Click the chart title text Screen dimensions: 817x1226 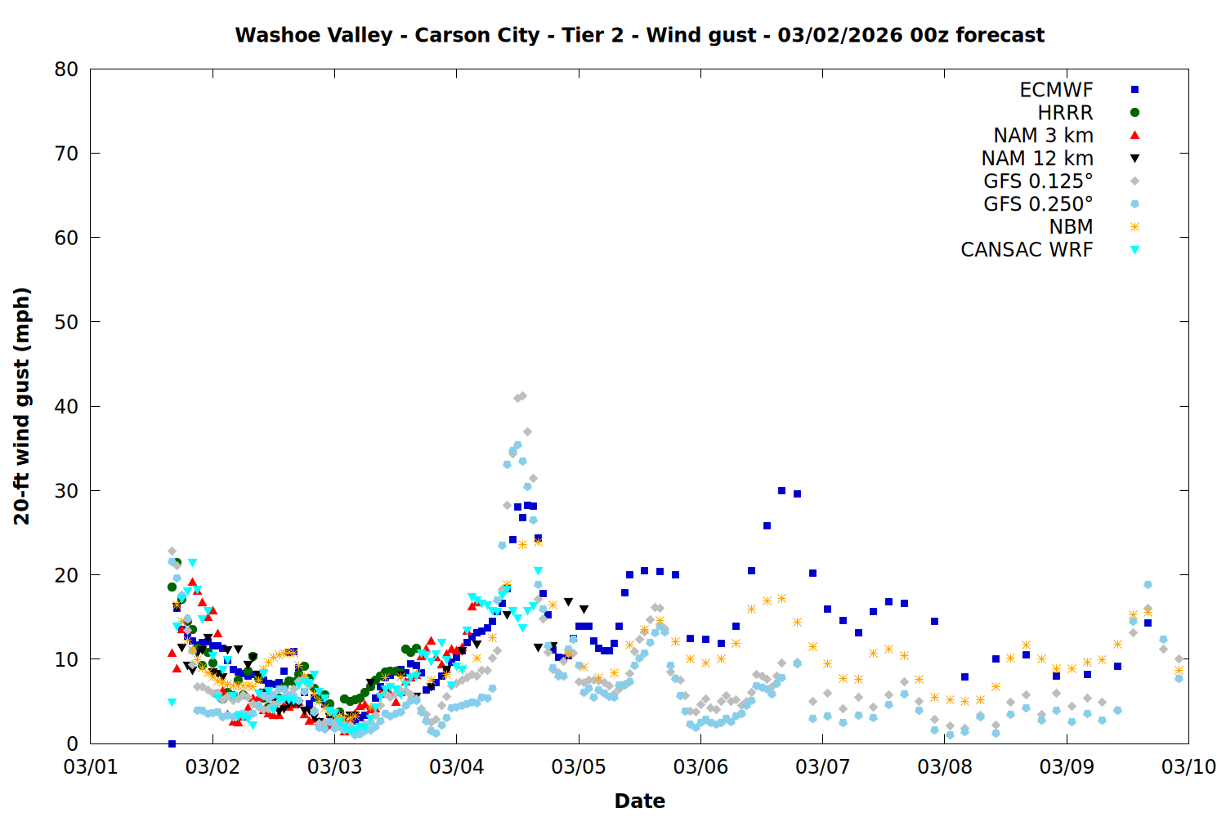click(639, 35)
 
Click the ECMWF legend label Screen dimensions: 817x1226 click(1056, 90)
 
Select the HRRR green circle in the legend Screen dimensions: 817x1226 click(1134, 113)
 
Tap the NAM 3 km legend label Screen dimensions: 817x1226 click(1043, 136)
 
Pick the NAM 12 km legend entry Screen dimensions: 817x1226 click(1037, 158)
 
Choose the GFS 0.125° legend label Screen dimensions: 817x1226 click(1038, 181)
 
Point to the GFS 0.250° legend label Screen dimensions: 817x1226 click(1038, 204)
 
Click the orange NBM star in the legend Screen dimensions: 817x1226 click(1134, 227)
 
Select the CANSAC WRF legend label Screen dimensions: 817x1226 click(1027, 250)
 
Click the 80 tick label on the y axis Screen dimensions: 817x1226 click(66, 69)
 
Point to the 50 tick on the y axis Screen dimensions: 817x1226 click(66, 322)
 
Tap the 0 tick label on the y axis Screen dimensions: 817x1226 click(73, 743)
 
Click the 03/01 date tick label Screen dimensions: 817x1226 click(91, 767)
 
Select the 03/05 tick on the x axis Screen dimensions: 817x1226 click(579, 767)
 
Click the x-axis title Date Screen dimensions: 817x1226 click(639, 801)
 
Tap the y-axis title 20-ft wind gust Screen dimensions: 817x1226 click(22, 406)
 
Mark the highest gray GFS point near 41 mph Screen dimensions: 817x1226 click(522, 396)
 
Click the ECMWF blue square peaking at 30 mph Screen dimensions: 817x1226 click(781, 491)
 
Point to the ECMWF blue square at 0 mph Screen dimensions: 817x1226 click(172, 743)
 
